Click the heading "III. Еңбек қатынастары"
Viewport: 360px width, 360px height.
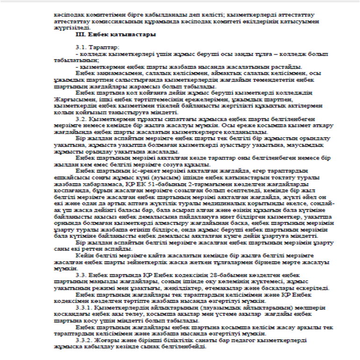point(116,35)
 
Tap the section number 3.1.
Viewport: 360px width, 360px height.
point(81,48)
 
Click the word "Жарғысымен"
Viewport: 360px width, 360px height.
point(70,100)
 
